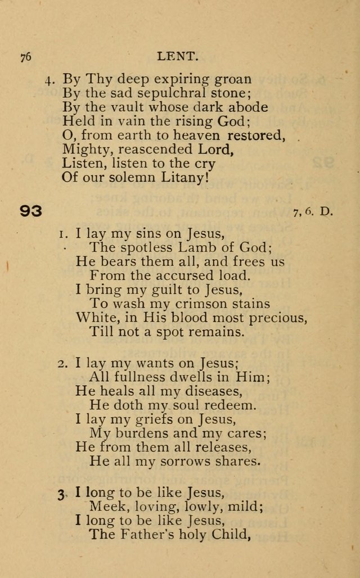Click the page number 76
pyautogui.click(x=25, y=56)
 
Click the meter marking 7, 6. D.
pyautogui.click(x=313, y=212)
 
